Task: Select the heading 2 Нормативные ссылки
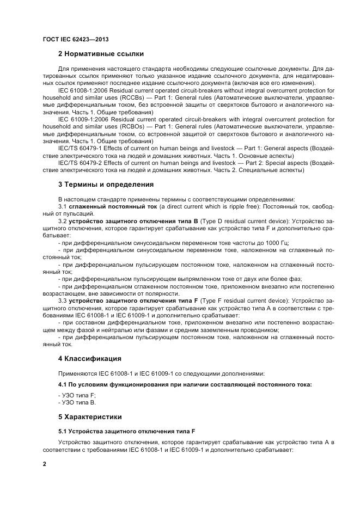click(x=101, y=54)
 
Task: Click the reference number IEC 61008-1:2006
click(x=83, y=90)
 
